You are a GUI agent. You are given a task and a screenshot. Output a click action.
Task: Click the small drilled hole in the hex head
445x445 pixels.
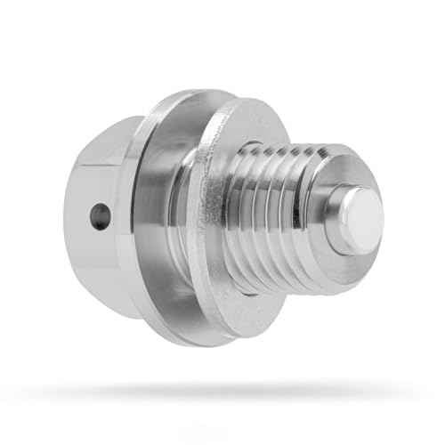coord(101,215)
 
